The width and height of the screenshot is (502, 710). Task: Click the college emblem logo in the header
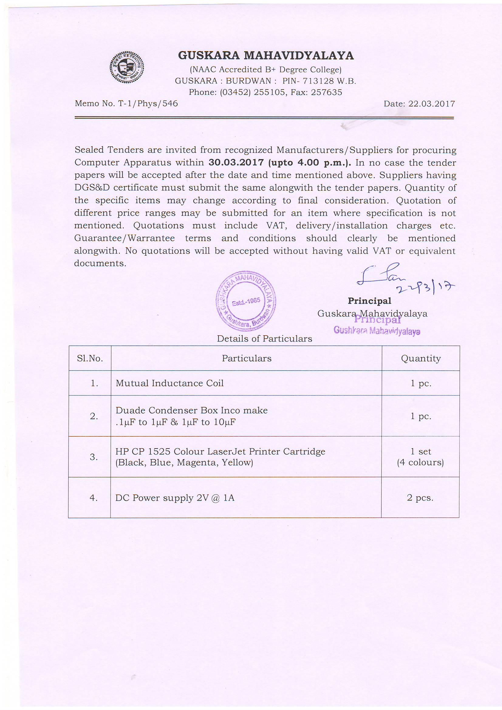pos(127,67)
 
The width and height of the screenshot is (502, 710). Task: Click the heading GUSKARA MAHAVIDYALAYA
pos(266,56)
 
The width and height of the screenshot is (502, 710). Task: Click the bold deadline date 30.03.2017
pos(236,162)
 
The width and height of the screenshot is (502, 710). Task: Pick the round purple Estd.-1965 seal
pos(246,301)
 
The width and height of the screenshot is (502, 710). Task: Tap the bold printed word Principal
pos(369,301)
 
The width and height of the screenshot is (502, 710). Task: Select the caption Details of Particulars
pos(265,339)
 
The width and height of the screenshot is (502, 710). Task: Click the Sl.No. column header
pos(90,358)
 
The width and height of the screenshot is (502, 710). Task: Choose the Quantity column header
pos(421,358)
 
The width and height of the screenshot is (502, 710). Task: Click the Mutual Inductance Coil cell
pos(169,383)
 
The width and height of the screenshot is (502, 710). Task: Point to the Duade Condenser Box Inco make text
pos(191,410)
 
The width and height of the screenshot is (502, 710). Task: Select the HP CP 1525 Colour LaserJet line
pos(220,452)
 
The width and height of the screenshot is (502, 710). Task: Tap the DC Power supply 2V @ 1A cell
pos(175,498)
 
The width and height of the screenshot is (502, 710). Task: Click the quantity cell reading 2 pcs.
pos(420,498)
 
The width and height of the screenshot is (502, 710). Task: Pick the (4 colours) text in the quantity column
pos(420,463)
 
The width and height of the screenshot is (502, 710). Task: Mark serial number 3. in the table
pos(94,457)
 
